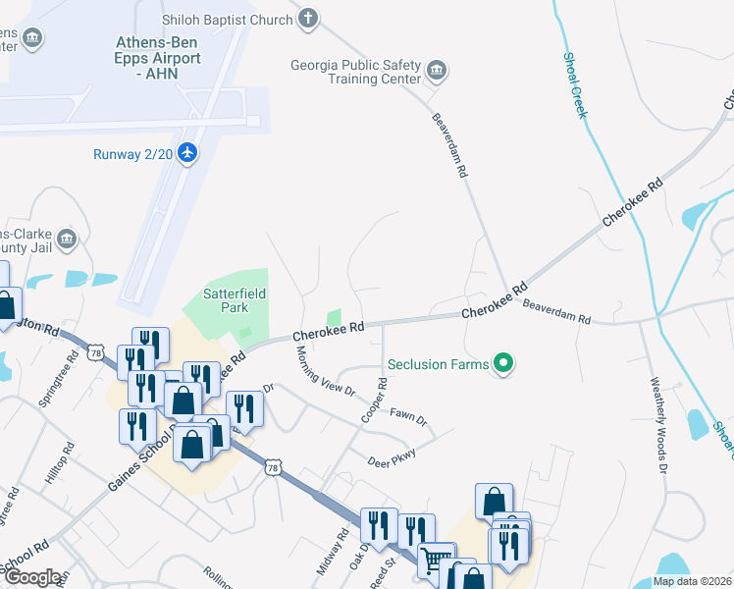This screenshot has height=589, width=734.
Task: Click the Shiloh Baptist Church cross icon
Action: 309,19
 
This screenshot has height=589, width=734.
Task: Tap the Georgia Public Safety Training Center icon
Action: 437,72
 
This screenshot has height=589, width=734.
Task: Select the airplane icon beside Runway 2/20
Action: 188,153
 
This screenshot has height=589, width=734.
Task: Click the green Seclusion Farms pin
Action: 503,363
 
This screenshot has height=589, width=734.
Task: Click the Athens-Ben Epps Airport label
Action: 158,58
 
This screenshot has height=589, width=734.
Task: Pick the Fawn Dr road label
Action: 408,416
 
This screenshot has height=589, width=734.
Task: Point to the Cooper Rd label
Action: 372,401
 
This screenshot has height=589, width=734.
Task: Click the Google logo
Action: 32,577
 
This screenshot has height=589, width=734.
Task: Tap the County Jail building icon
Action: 67,239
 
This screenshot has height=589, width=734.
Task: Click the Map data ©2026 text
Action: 690,581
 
